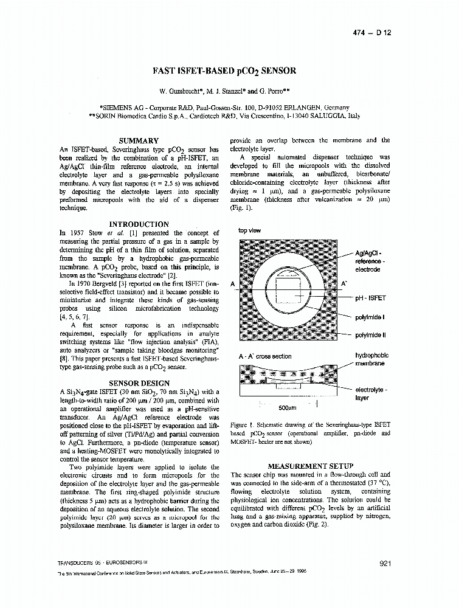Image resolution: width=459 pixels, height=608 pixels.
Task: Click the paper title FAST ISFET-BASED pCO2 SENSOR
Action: pos(225,71)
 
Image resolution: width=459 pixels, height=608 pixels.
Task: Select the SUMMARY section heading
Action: pos(139,140)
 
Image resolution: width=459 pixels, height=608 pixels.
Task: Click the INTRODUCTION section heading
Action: pos(139,224)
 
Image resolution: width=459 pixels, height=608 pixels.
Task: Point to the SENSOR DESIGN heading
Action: pos(139,383)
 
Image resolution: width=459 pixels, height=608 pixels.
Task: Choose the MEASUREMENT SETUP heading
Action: pos(310,466)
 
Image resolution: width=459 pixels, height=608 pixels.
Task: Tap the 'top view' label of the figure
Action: pos(250,231)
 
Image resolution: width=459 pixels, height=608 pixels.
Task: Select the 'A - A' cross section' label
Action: pos(265,356)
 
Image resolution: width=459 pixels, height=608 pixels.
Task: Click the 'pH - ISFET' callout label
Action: pos(370,299)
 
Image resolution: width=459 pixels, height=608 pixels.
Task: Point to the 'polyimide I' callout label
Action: pos(370,317)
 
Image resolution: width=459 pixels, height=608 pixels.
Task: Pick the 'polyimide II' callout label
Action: pos(371,335)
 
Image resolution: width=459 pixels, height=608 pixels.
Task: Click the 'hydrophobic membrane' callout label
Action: pos(371,359)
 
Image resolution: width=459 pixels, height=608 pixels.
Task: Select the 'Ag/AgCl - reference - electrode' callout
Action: pos(368,261)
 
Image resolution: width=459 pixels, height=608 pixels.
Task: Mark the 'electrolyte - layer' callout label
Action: pos(371,394)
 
